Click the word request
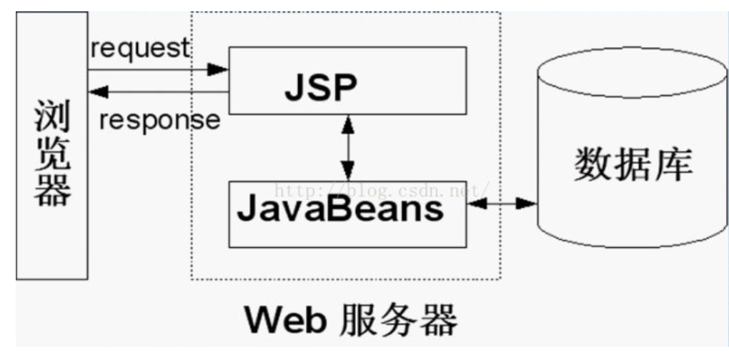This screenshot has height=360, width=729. (141, 49)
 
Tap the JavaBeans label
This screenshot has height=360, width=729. (340, 211)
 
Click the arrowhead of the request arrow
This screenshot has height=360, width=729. (218, 69)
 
